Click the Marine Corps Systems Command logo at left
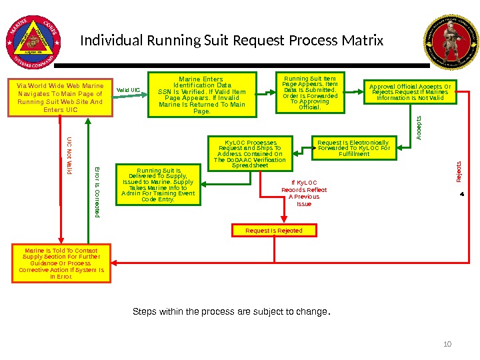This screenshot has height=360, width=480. (x=33, y=39)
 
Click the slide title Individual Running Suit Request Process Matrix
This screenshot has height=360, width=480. (x=232, y=41)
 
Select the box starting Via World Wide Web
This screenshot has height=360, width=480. (x=61, y=97)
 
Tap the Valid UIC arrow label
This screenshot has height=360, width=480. (x=128, y=90)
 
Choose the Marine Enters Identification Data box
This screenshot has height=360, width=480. (x=202, y=95)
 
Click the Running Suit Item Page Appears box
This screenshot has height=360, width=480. (x=310, y=93)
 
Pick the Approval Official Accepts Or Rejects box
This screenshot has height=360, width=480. (x=410, y=92)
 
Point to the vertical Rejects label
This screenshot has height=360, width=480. (x=459, y=172)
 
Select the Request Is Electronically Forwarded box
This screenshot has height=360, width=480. (x=353, y=148)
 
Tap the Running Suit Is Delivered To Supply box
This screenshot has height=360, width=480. (x=159, y=185)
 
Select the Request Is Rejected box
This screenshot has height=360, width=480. (x=274, y=231)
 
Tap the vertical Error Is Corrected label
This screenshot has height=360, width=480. (x=97, y=191)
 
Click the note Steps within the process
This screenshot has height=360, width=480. (x=232, y=311)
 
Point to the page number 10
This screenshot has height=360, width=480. (x=447, y=344)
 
